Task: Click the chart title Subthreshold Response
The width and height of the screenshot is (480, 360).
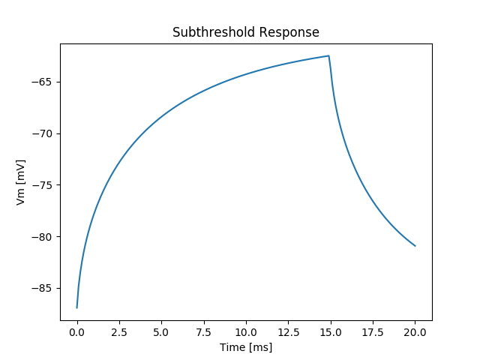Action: [245, 32]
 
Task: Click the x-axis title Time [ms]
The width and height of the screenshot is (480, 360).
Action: [245, 347]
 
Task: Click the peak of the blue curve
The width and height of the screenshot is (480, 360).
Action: [328, 56]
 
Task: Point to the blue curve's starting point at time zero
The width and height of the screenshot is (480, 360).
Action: [76, 307]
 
